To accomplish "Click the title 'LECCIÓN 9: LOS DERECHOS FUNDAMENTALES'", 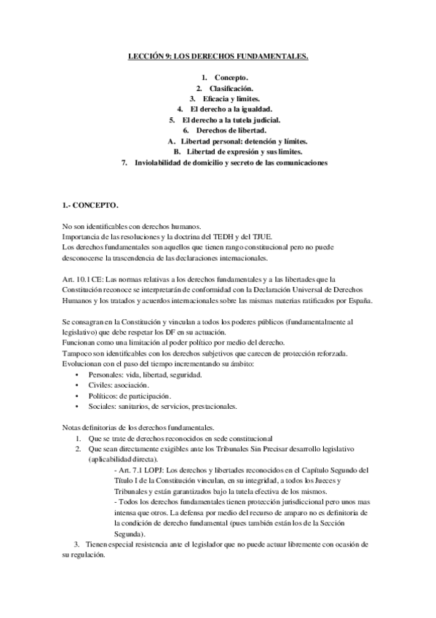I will pyautogui.click(x=218, y=55).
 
